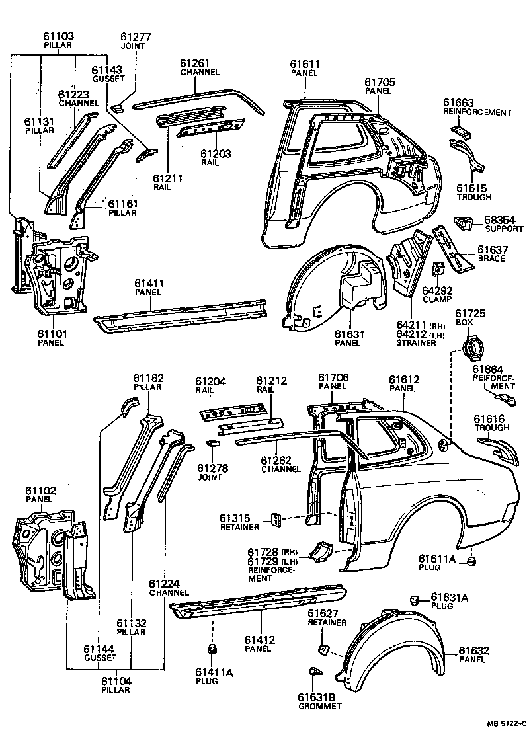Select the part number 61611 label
pos(304,64)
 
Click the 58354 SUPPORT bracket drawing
pos(465,225)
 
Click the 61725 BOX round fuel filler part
pos(474,346)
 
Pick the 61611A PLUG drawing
pos(471,561)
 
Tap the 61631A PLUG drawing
pos(415,599)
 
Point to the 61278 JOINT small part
pos(213,444)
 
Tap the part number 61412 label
pos(259,640)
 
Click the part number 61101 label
pos(52,334)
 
